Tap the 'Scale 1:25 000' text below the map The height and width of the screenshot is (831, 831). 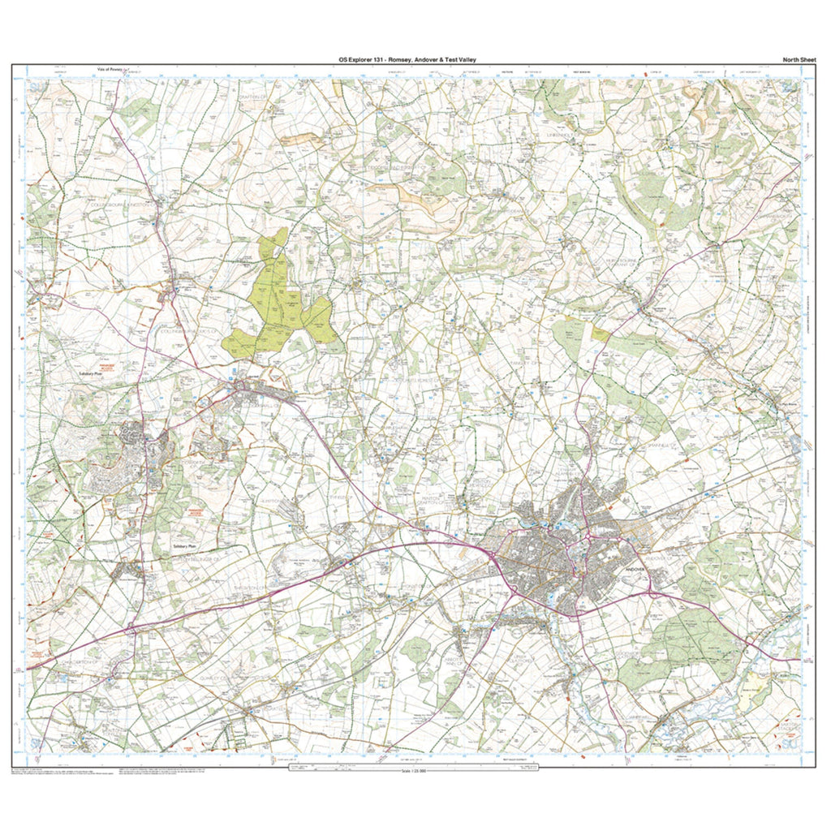(413, 770)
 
